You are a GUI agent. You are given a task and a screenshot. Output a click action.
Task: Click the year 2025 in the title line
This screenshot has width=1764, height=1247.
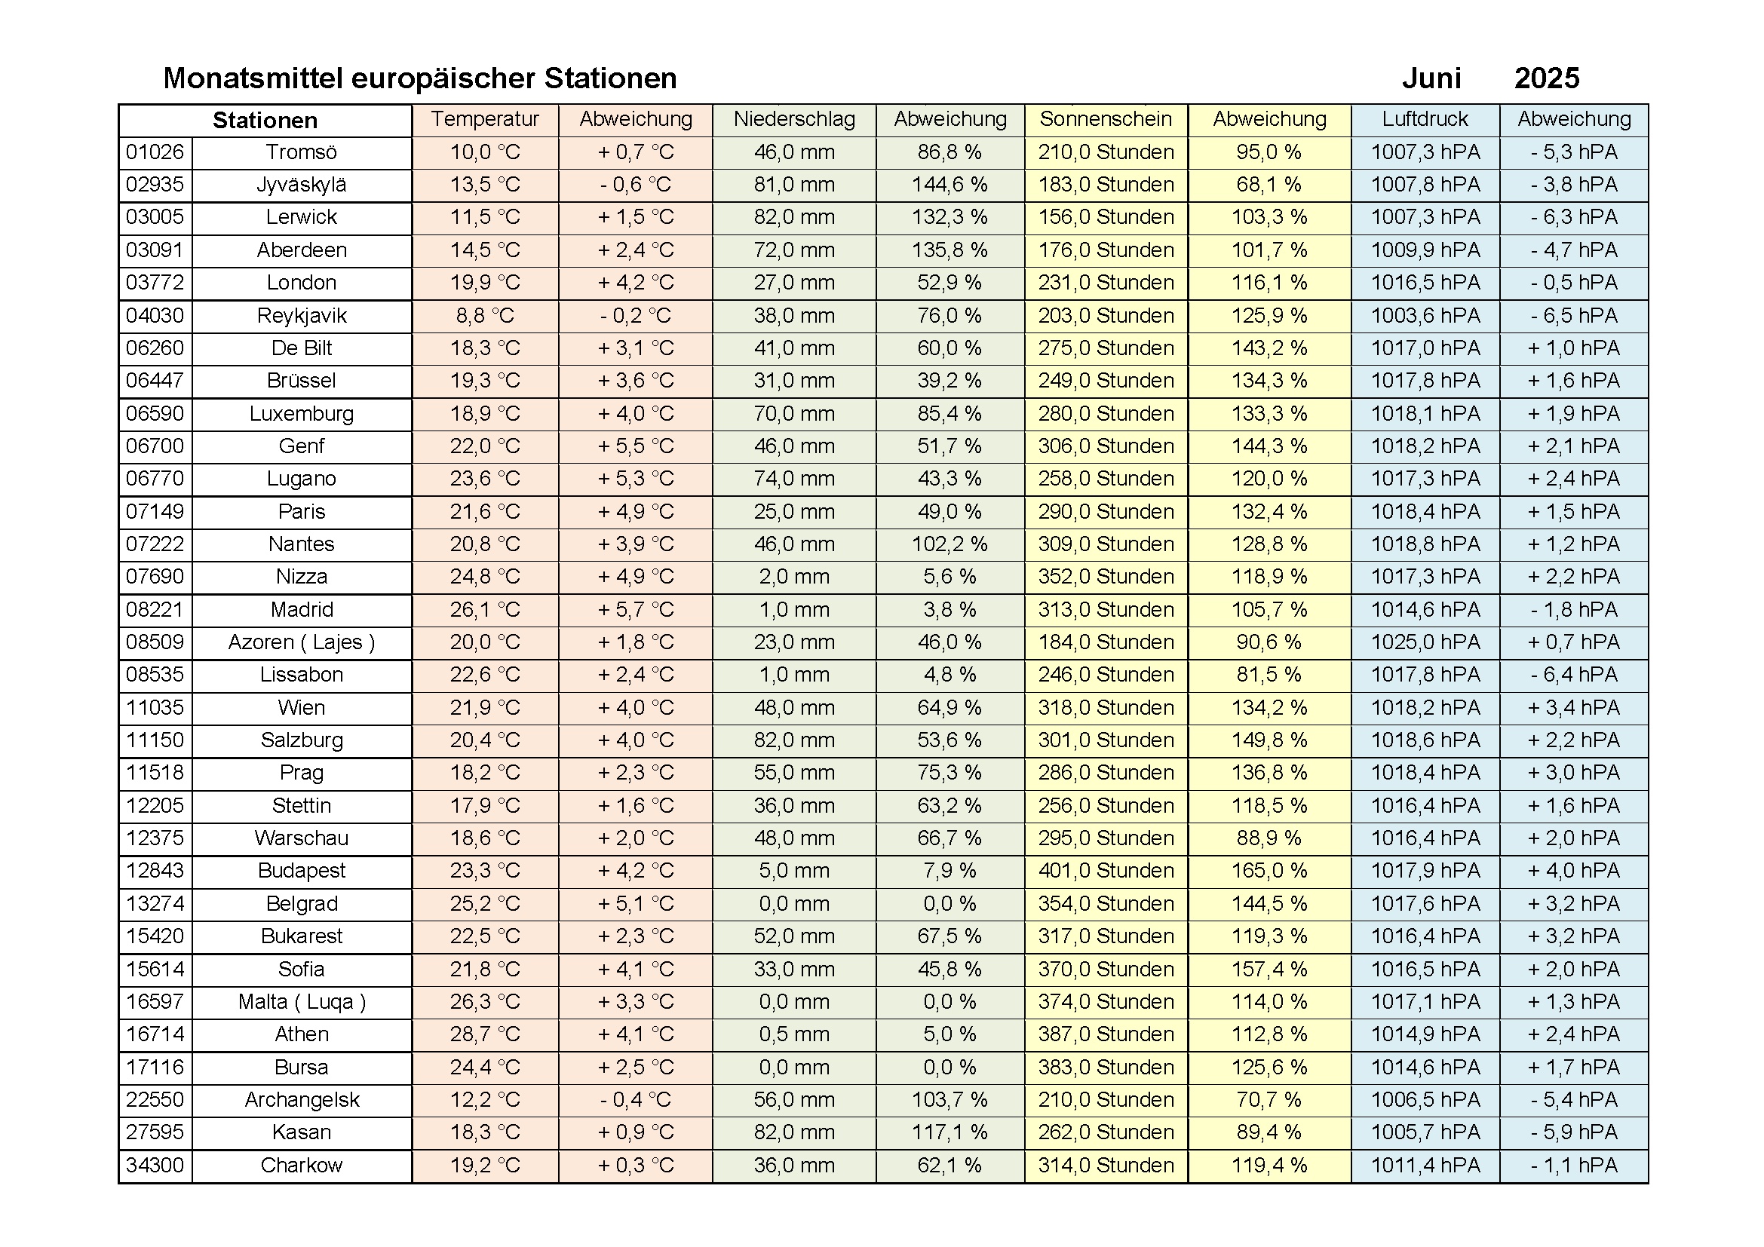pos(1546,78)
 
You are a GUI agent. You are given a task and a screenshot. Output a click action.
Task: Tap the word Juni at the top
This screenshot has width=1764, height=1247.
pos(1431,78)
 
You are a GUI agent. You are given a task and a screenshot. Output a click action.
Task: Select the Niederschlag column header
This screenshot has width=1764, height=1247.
pos(793,119)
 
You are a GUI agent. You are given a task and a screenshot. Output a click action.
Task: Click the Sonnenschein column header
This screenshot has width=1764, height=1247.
pos(1106,119)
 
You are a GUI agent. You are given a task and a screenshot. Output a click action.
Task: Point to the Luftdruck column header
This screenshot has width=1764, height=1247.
pos(1425,119)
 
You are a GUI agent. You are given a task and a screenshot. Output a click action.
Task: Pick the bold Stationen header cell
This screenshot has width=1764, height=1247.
pos(265,121)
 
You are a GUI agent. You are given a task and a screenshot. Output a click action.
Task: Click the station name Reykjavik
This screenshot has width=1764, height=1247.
pos(302,316)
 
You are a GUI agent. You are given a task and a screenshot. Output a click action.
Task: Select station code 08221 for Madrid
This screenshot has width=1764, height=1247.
pos(155,610)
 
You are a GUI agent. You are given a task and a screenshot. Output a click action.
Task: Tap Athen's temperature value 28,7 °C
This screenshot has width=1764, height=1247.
pos(485,1034)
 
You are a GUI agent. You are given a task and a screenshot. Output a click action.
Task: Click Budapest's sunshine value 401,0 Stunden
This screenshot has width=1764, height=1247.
pos(1106,871)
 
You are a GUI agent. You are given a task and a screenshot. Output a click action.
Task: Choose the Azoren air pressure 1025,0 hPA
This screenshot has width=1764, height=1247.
pos(1425,642)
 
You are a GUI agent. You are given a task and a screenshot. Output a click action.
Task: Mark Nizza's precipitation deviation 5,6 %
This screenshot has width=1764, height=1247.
pos(949,577)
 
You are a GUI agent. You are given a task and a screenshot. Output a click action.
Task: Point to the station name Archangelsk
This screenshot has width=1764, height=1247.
pos(302,1099)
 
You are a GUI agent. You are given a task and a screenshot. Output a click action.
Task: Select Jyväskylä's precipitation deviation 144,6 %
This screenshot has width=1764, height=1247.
pos(949,185)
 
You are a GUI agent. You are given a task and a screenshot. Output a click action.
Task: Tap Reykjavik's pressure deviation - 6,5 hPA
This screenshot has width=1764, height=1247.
pos(1573,316)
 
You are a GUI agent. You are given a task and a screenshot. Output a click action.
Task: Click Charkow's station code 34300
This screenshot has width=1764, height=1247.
pos(155,1165)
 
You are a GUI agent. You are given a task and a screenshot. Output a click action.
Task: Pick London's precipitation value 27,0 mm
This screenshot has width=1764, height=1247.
pos(793,283)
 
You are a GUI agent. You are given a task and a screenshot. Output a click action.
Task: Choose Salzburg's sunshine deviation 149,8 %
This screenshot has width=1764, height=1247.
pos(1269,740)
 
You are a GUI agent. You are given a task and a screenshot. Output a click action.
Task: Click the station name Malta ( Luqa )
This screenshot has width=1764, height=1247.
pos(302,1002)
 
